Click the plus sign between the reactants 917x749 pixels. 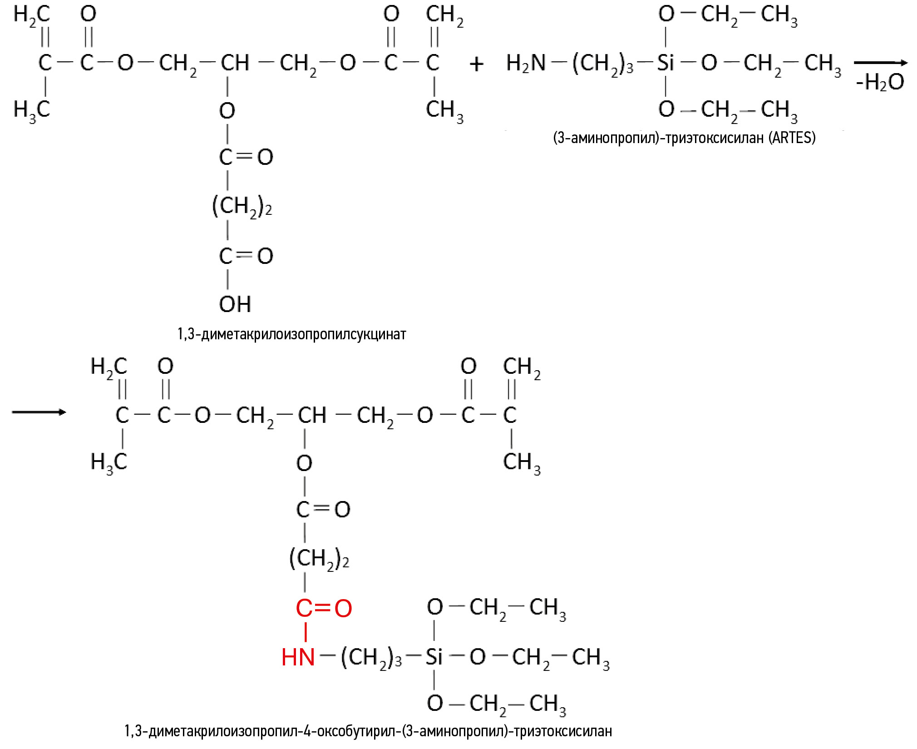tap(476, 64)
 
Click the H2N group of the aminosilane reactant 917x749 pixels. tap(526, 63)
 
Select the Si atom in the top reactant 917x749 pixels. tap(666, 63)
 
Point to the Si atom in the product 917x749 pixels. tap(434, 657)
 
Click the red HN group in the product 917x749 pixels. tap(298, 657)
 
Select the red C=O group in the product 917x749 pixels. tap(324, 609)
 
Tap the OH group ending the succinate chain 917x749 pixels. tap(235, 304)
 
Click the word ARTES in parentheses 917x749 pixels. tap(792, 138)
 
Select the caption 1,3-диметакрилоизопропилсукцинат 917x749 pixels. tap(291, 334)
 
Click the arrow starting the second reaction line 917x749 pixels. tap(39, 412)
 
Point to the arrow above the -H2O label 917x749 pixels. tap(880, 63)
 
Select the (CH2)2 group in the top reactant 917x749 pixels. tap(242, 207)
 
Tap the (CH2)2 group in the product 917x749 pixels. tap(319, 559)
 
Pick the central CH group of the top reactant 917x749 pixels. tap(235, 63)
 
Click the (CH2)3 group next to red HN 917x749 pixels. tap(371, 658)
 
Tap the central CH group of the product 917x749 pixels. tap(312, 415)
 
